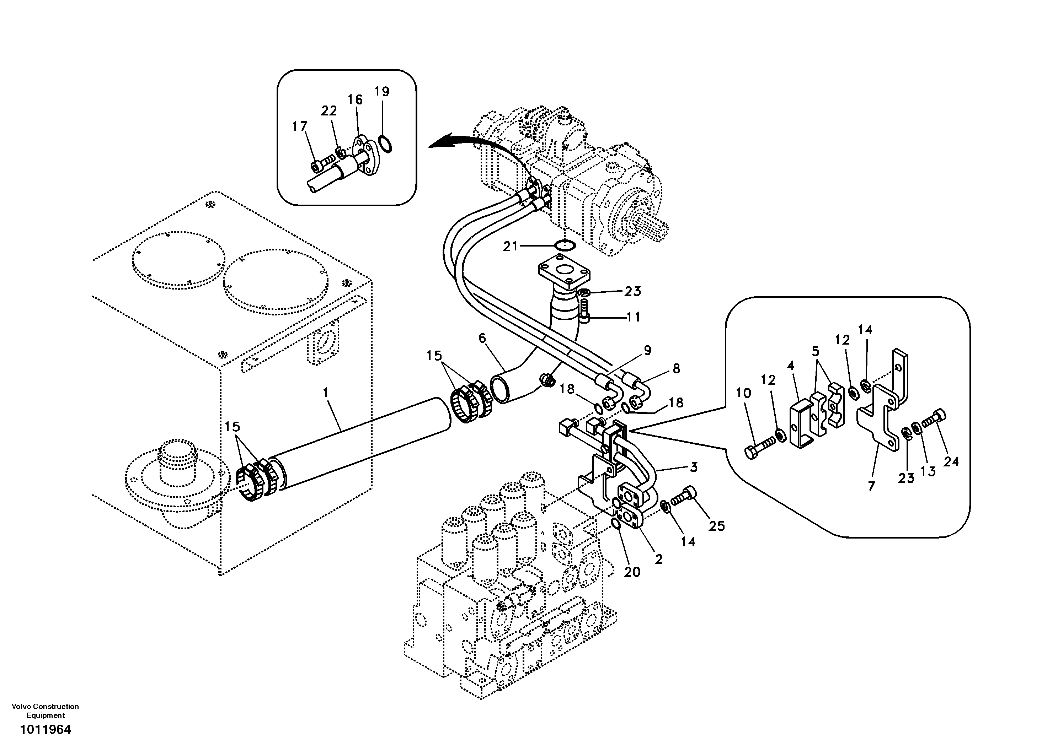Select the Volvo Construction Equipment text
[45, 711]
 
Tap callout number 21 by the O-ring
[510, 247]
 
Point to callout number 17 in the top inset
[300, 126]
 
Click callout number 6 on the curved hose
[482, 339]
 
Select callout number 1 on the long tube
[326, 393]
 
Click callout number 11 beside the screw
[634, 317]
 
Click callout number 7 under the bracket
[871, 486]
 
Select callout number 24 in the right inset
[951, 461]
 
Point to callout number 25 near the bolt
[717, 526]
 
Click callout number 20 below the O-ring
[632, 572]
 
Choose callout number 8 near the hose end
[676, 368]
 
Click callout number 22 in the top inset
[329, 111]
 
